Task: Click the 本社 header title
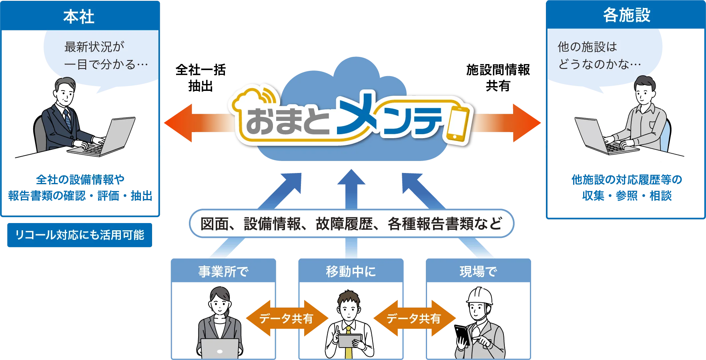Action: click(79, 17)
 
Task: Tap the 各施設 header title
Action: click(626, 15)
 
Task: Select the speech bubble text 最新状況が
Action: click(94, 47)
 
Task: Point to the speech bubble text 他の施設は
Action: click(587, 47)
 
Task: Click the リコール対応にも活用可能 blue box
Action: click(80, 235)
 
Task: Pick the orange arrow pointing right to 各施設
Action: click(508, 123)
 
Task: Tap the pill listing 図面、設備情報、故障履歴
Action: click(351, 223)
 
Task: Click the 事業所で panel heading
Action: click(223, 272)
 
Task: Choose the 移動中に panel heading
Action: click(351, 272)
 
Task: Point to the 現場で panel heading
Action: click(478, 272)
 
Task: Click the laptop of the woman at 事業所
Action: click(220, 348)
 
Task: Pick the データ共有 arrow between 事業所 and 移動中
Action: click(286, 319)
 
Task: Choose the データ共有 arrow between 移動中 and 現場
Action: click(413, 319)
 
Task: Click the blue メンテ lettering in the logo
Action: click(388, 118)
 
